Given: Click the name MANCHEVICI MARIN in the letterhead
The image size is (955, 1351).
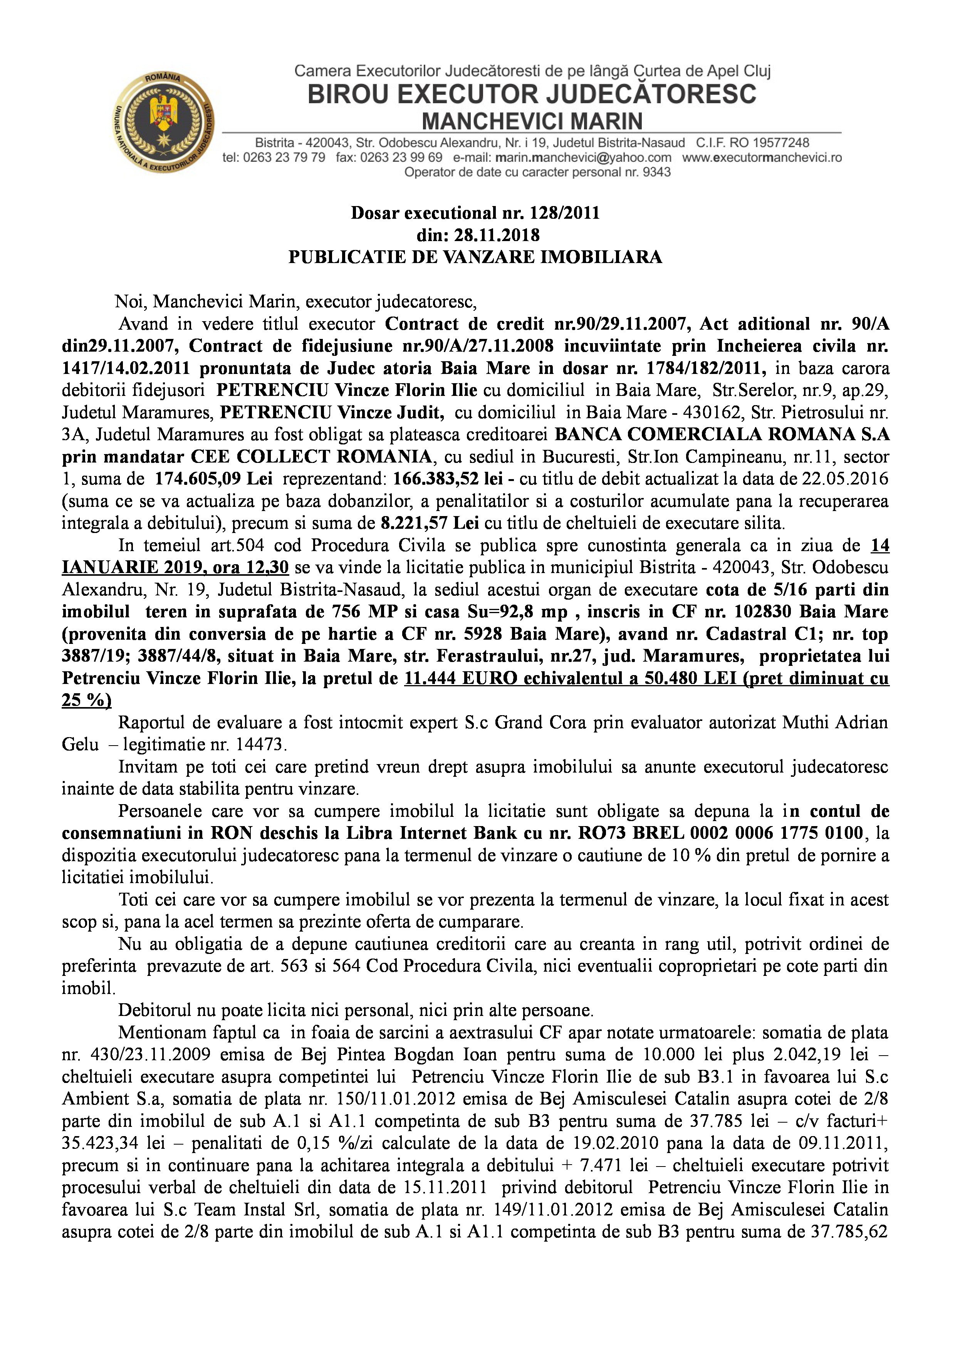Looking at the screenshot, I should (x=532, y=121).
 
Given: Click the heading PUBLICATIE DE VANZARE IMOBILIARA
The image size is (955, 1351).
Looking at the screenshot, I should (x=475, y=257).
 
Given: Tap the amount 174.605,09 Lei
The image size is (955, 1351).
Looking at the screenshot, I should (x=213, y=478).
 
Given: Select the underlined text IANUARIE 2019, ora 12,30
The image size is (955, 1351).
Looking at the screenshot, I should (x=175, y=567).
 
